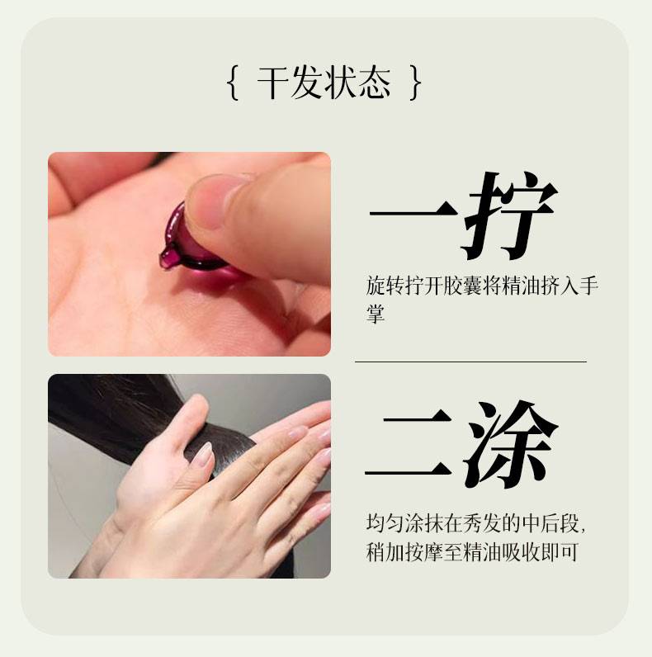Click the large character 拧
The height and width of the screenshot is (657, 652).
(x=509, y=215)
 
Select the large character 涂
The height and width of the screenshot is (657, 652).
(x=510, y=446)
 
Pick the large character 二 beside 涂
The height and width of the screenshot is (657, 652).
(x=409, y=446)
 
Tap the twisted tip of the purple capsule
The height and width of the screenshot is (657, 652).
(x=168, y=257)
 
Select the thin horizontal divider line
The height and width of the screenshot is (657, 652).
(x=470, y=362)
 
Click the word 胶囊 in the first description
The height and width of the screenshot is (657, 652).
(x=463, y=286)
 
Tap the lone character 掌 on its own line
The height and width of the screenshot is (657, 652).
(x=375, y=314)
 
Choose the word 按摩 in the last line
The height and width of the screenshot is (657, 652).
(x=424, y=552)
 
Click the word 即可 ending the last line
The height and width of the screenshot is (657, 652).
(x=560, y=552)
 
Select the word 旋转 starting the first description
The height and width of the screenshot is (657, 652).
(x=385, y=286)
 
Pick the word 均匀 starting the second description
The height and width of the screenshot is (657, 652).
(x=385, y=524)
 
